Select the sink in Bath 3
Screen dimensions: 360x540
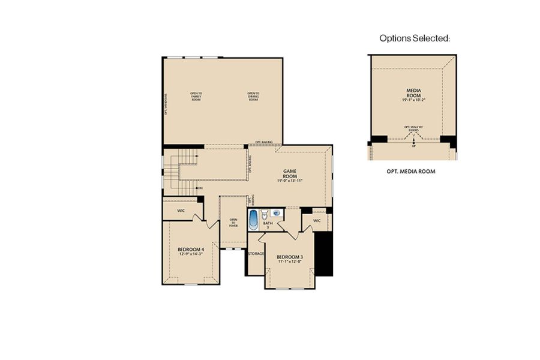click(x=277, y=212)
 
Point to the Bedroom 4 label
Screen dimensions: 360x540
click(x=191, y=249)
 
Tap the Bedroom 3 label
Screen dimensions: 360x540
click(x=290, y=257)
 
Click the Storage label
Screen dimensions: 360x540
click(x=256, y=254)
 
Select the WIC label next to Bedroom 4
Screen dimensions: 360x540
click(x=181, y=211)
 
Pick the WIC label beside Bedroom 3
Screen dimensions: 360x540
click(x=317, y=220)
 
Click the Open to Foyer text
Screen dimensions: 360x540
click(x=233, y=223)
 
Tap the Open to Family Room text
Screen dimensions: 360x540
click(x=196, y=96)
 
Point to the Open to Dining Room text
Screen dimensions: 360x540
click(x=253, y=96)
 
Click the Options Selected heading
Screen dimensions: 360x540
click(x=415, y=38)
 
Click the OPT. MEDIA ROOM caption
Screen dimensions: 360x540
click(x=411, y=171)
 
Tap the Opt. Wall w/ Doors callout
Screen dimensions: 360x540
click(x=413, y=128)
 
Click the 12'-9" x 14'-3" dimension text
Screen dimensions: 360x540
click(x=191, y=254)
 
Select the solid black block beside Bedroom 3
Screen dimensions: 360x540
click(x=323, y=253)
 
